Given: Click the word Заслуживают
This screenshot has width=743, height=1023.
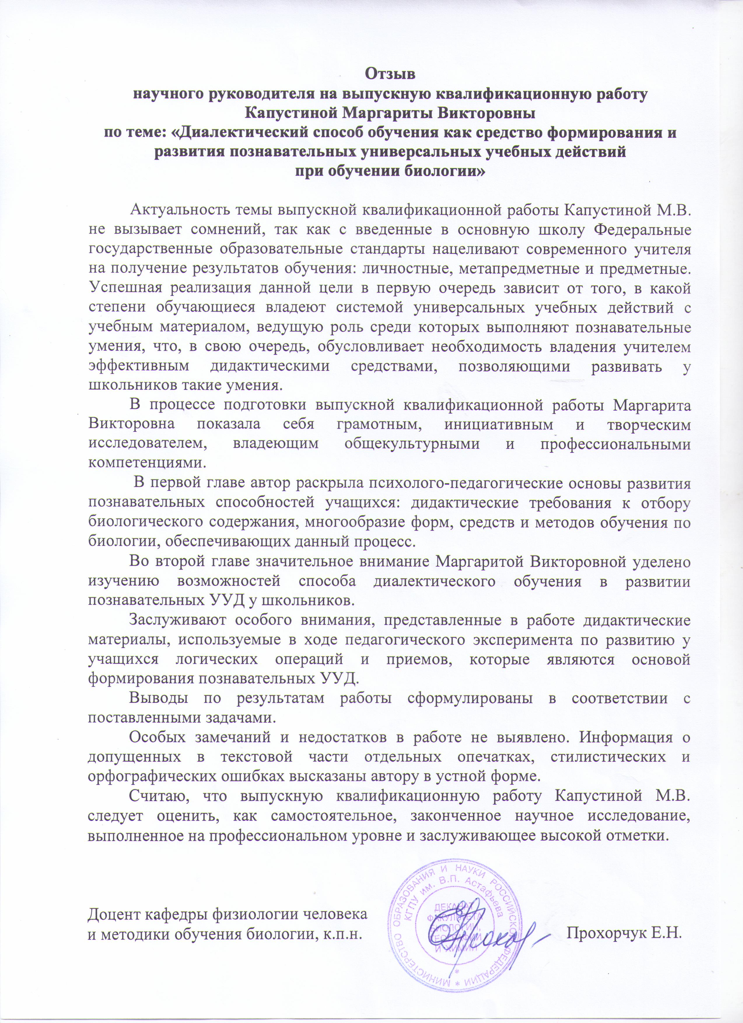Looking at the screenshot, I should [176, 620].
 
